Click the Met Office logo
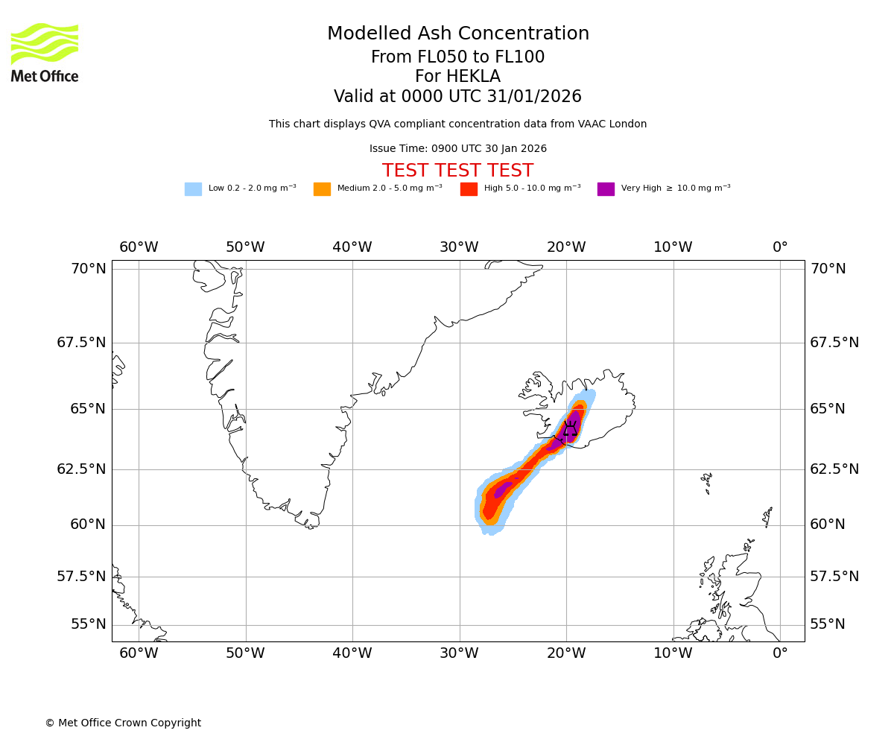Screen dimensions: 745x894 click(x=45, y=52)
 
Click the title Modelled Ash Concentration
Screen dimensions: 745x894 click(x=458, y=34)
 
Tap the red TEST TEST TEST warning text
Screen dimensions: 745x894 click(x=457, y=171)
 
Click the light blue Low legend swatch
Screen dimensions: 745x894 click(x=193, y=189)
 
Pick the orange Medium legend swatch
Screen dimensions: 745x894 click(x=322, y=189)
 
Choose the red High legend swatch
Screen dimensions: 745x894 click(x=469, y=189)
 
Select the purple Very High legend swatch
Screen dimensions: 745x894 click(x=606, y=189)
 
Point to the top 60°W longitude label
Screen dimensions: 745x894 click(x=139, y=247)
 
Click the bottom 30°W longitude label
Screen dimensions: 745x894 click(x=459, y=653)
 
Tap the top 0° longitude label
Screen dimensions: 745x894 click(x=780, y=247)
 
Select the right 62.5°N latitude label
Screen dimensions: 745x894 click(x=834, y=469)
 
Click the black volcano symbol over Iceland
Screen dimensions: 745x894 click(x=570, y=428)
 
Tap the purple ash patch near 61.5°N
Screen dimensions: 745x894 click(x=503, y=489)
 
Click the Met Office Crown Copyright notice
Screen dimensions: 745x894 click(x=123, y=723)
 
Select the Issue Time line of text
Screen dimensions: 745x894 click(x=457, y=149)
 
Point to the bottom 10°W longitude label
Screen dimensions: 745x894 click(x=673, y=653)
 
